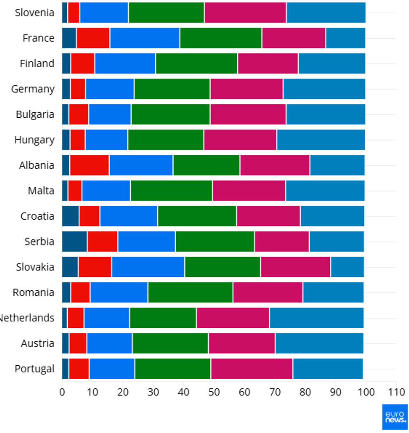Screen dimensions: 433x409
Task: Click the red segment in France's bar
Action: [x=93, y=38]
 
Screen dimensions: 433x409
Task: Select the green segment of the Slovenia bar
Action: [x=166, y=13]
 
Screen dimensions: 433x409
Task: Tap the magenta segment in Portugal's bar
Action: [x=252, y=369]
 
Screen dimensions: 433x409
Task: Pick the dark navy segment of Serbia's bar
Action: [x=74, y=241]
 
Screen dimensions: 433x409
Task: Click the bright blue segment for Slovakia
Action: [x=148, y=267]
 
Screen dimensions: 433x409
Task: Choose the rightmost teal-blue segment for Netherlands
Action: [x=316, y=318]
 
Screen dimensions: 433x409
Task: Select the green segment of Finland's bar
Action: [x=196, y=63]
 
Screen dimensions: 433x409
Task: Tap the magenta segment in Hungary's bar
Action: [x=240, y=139]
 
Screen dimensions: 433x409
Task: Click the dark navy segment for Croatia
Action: [x=70, y=216]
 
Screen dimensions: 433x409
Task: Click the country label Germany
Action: [x=33, y=89]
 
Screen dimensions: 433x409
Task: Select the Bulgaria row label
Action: [x=35, y=114]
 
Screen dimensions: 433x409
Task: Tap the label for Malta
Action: [x=41, y=191]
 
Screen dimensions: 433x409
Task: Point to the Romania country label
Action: [x=33, y=292]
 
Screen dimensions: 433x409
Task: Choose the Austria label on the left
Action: [x=38, y=343]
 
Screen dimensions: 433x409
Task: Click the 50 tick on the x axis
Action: [x=214, y=392]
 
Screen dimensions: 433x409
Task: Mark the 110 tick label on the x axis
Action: [x=396, y=392]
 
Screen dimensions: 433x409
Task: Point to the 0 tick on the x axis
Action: [x=62, y=392]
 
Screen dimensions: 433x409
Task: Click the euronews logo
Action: [x=395, y=417]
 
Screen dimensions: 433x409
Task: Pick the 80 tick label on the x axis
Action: [x=305, y=392]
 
